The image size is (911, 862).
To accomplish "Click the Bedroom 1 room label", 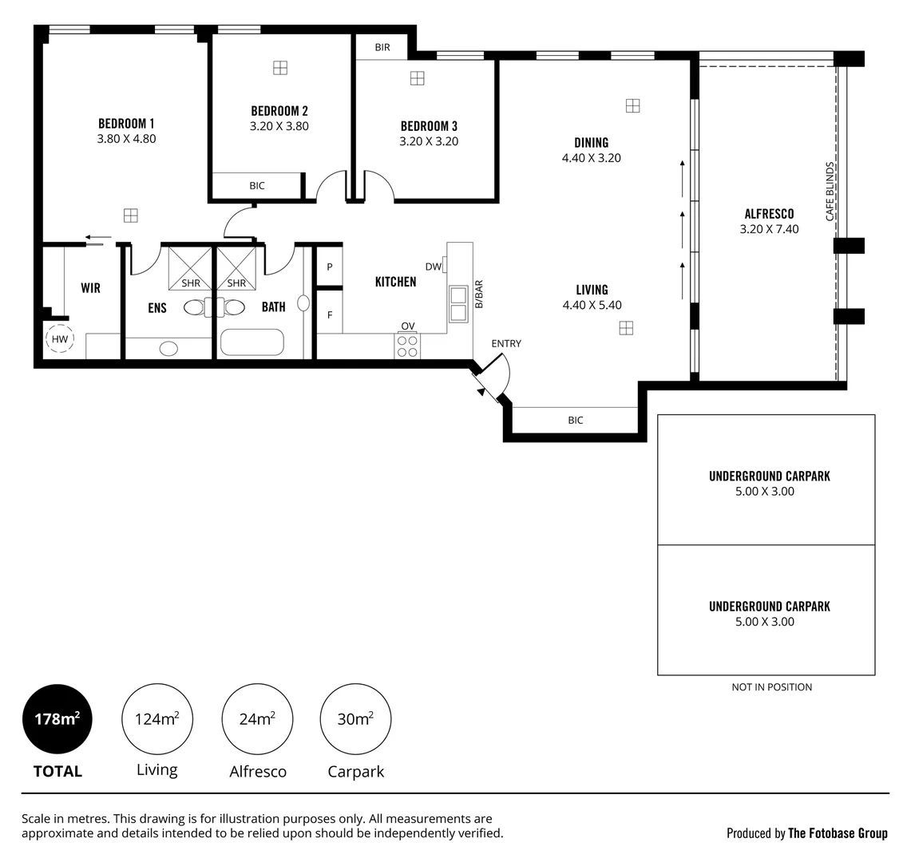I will (126, 124).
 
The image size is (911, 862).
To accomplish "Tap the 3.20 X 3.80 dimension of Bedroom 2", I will (279, 126).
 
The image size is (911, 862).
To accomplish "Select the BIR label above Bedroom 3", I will (382, 48).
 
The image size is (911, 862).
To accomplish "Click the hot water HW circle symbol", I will (60, 339).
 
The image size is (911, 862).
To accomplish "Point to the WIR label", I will (90, 288).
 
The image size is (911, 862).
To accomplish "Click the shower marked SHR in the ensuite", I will (190, 269).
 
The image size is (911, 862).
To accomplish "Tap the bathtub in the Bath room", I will (252, 342).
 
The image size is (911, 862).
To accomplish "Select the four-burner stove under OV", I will (407, 346).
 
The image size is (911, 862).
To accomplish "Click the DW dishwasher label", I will (433, 267).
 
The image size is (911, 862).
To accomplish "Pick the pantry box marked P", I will (329, 267).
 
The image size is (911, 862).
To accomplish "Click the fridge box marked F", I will (329, 315).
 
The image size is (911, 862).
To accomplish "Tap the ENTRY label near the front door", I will (506, 344).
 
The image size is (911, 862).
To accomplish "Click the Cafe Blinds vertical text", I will (830, 192).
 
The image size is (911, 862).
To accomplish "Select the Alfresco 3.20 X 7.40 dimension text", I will (769, 229).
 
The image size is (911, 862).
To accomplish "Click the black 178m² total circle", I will (57, 719).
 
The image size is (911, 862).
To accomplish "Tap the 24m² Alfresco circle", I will (257, 719).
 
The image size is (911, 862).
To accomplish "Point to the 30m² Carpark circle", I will (355, 719).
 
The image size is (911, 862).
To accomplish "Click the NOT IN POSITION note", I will (771, 687).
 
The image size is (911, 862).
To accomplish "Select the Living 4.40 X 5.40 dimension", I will (592, 305).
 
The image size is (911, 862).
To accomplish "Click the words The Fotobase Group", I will (838, 833).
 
